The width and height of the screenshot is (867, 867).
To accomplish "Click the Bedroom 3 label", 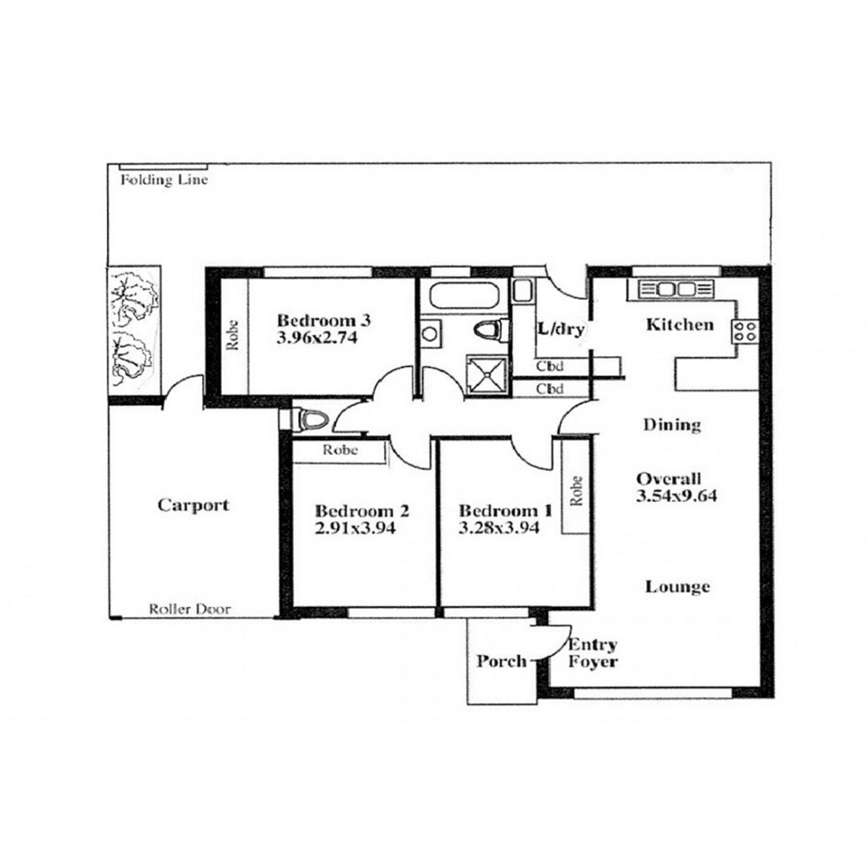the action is (x=324, y=321).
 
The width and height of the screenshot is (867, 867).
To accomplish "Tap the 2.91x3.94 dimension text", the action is (x=355, y=527).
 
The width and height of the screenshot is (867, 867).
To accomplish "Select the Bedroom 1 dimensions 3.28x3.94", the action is (x=499, y=527).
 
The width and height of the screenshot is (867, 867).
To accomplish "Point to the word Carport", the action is (x=194, y=505).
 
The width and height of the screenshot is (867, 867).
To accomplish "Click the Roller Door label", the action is (x=189, y=609).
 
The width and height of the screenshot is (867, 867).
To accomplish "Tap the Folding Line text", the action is (x=164, y=181).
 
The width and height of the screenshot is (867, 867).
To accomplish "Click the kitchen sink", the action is (x=677, y=289).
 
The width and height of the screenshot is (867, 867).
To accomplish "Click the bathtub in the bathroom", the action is (x=464, y=294).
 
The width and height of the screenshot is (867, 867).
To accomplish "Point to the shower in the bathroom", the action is (x=488, y=376).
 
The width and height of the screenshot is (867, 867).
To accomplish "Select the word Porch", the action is (x=501, y=661).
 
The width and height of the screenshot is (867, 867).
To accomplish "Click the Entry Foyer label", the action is (x=592, y=653).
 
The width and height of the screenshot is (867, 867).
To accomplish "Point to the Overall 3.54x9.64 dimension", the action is (x=676, y=487).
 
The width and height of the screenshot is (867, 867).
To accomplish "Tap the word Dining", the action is (x=672, y=425).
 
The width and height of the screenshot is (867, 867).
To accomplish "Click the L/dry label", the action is (x=561, y=329).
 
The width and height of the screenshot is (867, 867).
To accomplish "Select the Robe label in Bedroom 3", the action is (x=233, y=335).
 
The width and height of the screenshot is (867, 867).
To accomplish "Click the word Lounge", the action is (x=678, y=587).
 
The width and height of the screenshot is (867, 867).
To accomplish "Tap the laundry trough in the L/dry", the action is (x=523, y=290).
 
